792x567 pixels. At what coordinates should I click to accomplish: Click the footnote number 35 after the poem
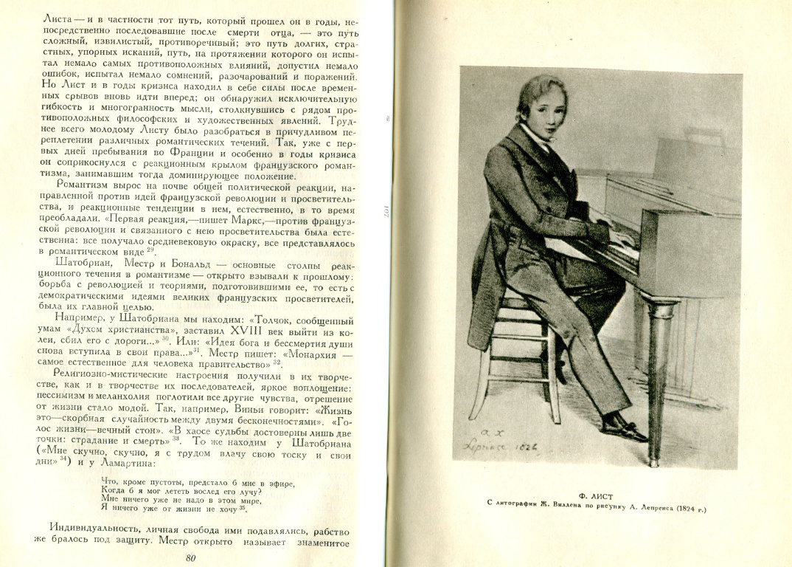(x=243, y=508)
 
